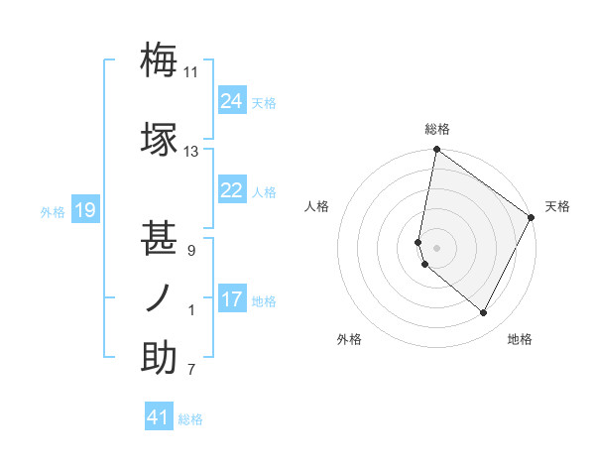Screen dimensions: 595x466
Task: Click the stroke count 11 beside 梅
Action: [191, 72]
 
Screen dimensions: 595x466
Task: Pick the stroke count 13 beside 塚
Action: [191, 152]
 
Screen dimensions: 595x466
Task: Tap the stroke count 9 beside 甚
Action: [191, 251]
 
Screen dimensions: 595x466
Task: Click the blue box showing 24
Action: [232, 101]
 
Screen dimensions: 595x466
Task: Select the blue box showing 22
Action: [232, 190]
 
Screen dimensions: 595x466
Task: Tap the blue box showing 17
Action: [232, 299]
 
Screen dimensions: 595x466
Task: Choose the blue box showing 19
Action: [84, 210]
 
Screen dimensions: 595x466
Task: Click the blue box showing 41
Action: [159, 417]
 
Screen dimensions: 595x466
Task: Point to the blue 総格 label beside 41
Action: [190, 419]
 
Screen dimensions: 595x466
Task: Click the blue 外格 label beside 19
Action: [53, 211]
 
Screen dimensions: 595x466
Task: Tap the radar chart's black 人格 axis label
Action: [317, 206]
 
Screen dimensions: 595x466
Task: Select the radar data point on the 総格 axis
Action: [436, 150]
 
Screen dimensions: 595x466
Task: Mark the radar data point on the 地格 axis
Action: [484, 313]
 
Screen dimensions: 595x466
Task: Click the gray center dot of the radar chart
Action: [436, 248]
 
